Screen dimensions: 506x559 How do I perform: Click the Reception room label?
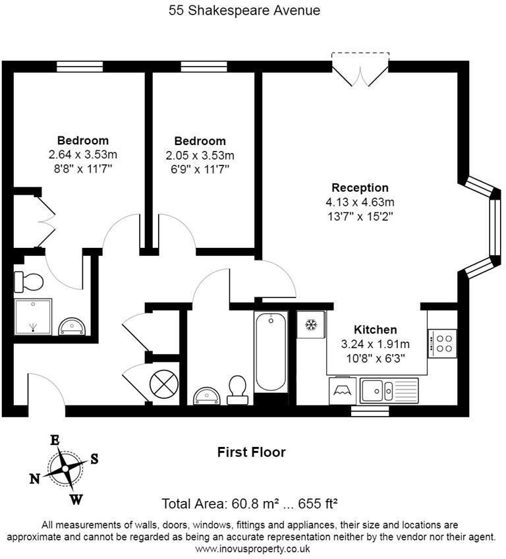tap(360, 187)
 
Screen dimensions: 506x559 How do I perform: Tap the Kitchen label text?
tap(376, 330)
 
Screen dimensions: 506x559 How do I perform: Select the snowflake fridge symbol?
tap(311, 324)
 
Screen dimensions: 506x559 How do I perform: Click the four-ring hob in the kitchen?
tap(442, 343)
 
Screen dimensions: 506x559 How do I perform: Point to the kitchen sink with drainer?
tap(389, 390)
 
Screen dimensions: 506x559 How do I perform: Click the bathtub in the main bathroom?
tap(271, 352)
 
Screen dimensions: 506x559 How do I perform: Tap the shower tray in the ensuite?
tap(33, 316)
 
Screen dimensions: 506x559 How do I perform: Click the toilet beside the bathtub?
tap(237, 390)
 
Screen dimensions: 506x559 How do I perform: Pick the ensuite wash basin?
tap(72, 326)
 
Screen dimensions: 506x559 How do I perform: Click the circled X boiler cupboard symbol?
tap(163, 384)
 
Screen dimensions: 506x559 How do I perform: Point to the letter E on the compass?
tap(55, 440)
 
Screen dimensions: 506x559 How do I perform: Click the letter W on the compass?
tap(76, 500)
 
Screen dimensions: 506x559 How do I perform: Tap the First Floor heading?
tap(252, 452)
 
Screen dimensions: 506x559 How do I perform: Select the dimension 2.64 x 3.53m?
tap(82, 155)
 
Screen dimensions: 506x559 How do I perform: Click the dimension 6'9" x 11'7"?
tap(200, 169)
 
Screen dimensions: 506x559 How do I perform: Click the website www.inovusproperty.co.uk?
tap(252, 548)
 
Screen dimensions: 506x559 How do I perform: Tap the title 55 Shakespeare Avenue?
tap(244, 11)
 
